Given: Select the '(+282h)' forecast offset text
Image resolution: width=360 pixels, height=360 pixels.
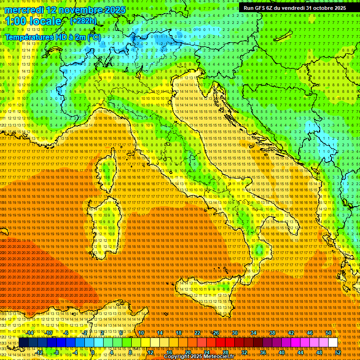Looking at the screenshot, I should (83, 21).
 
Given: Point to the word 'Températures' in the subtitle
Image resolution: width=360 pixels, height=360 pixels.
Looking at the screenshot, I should (28, 37).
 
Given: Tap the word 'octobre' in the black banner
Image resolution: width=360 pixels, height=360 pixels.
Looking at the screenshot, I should (316, 8).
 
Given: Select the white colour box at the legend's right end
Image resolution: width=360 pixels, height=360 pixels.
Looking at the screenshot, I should (333, 343).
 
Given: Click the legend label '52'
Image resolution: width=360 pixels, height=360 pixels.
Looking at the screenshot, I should (338, 352).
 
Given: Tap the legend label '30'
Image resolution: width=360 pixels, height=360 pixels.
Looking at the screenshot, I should (235, 333).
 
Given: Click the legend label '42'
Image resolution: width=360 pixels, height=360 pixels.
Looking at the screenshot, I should (291, 333).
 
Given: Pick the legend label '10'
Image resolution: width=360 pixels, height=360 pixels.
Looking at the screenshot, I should (141, 333).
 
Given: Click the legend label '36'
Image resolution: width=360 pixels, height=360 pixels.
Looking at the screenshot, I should (263, 352).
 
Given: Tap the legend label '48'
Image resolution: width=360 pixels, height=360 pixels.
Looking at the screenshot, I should (319, 352).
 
